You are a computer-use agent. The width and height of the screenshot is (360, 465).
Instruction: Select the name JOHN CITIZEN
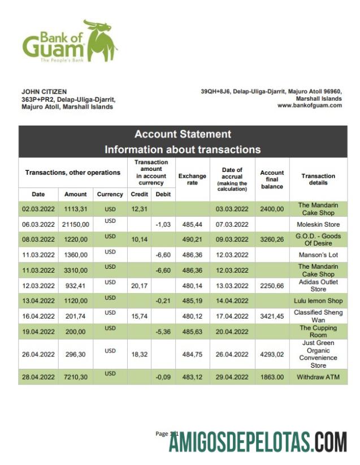point(44,92)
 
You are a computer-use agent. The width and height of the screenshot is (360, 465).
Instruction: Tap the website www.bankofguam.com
point(309,105)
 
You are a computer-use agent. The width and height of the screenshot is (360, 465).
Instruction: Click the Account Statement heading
point(183,135)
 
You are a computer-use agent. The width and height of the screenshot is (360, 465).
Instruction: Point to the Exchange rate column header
point(192,179)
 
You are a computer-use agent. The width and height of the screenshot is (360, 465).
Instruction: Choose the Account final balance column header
point(272,179)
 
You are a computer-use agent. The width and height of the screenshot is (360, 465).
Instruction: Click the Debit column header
point(163,194)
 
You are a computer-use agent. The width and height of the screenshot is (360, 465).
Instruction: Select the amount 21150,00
point(75,225)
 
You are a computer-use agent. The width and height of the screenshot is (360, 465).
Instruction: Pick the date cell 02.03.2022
point(38,209)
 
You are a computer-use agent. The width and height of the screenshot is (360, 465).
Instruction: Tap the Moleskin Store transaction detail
point(318,225)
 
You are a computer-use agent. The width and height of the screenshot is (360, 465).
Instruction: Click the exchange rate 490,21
point(192,240)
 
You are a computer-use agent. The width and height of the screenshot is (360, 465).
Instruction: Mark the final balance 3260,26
point(272,240)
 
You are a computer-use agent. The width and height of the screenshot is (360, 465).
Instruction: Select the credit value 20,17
point(138,286)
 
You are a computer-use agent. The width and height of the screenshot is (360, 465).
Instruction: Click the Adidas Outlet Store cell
point(318,286)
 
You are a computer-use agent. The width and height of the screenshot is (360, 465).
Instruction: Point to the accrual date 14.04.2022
point(232,301)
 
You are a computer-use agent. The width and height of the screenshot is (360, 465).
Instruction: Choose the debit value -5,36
point(163,331)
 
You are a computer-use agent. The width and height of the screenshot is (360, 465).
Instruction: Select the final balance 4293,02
point(272,355)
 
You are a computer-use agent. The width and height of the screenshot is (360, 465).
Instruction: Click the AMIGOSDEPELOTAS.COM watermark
point(257,441)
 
